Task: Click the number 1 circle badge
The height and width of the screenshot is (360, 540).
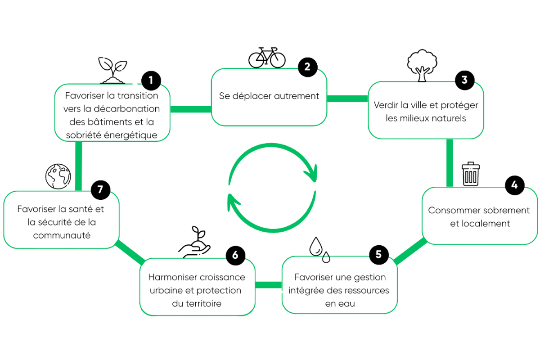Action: click(x=151, y=81)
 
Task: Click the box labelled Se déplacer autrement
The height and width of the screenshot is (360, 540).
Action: click(x=269, y=96)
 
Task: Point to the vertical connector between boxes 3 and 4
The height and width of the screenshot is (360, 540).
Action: click(x=449, y=162)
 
